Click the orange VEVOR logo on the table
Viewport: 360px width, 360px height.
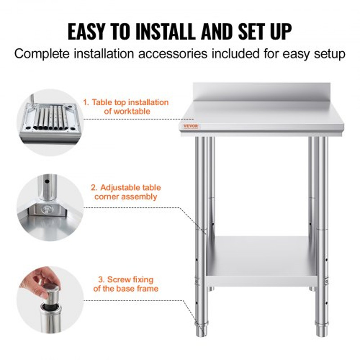191,126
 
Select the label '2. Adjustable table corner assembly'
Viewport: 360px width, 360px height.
126,192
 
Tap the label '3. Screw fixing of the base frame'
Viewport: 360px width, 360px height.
126,284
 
